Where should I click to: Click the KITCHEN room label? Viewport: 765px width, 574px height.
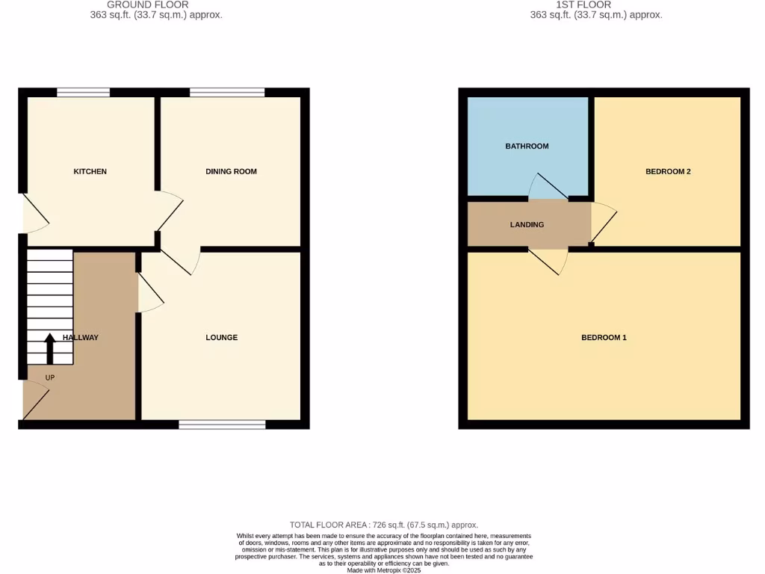[90, 172]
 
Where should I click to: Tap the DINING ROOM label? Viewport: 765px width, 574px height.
[231, 172]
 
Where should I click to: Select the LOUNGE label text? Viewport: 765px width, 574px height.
[222, 338]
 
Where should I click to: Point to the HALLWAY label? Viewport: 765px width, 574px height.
[81, 338]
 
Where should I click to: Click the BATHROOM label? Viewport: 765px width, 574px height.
[527, 146]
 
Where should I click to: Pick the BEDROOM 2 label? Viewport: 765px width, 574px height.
[668, 172]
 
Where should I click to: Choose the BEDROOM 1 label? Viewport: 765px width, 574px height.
[604, 338]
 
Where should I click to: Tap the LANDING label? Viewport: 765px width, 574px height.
[527, 225]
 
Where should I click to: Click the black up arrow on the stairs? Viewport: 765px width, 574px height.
[50, 348]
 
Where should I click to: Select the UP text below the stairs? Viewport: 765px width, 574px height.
[50, 377]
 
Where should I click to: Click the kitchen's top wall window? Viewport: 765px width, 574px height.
[83, 93]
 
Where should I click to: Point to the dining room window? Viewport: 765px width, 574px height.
[227, 93]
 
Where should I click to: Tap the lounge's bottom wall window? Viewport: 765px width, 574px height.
[222, 425]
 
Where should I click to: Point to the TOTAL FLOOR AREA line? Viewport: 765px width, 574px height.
[383, 525]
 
